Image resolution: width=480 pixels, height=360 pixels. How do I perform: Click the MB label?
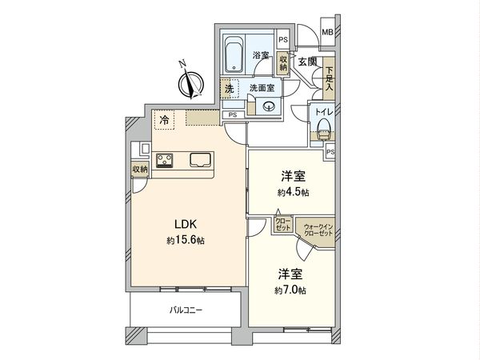pos(327,32)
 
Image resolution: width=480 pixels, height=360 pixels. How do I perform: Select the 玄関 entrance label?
pos(308,62)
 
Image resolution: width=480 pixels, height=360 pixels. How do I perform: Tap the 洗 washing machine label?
pos(229,89)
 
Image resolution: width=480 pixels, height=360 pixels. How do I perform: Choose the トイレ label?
pos(324,113)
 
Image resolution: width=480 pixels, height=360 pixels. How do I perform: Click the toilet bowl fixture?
pos(324,131)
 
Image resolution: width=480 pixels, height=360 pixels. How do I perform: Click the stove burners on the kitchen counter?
pos(166,161)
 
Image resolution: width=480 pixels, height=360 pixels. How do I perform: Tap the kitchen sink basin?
pos(200,160)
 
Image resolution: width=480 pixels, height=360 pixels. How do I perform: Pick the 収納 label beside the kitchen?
pos(140,170)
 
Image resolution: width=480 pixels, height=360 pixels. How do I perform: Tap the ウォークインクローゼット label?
pos(318,229)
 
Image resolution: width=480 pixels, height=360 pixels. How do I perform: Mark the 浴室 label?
pos(260,55)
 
